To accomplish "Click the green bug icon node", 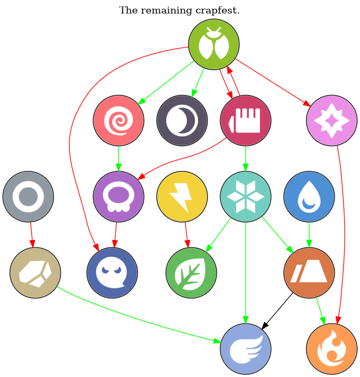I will [214, 44].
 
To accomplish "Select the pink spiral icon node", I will [119, 121].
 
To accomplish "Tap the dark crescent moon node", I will [182, 121].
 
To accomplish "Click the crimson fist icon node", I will [246, 121].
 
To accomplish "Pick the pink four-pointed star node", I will [331, 121].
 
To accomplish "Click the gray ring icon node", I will [28, 197].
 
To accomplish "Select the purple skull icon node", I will [119, 197].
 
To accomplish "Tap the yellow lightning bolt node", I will [182, 197].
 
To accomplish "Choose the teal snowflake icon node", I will [246, 197].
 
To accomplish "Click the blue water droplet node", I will [309, 197].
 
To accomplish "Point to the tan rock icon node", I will [35, 273].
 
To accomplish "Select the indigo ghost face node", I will [112, 273].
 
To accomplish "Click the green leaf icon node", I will [192, 273].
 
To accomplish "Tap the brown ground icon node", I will [309, 273].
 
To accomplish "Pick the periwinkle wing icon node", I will [246, 349].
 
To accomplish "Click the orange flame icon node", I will [331, 349].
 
